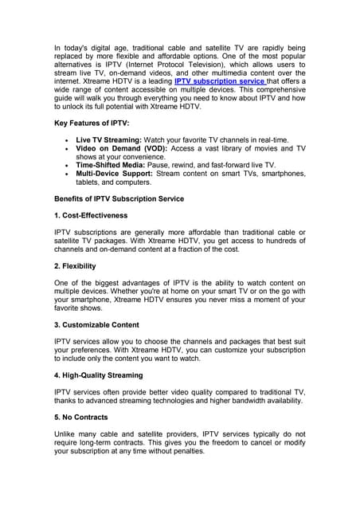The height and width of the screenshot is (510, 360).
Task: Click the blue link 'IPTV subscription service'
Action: (x=220, y=81)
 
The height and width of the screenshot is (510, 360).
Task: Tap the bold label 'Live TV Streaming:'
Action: (x=108, y=139)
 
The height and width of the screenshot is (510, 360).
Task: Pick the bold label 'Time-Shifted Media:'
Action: (x=110, y=164)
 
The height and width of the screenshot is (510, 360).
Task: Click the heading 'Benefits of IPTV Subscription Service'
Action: (x=119, y=198)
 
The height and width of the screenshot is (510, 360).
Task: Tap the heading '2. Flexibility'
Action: (x=75, y=265)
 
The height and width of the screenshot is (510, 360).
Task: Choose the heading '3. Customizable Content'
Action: (x=96, y=325)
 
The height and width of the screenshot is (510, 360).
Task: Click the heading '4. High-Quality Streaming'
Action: (x=99, y=375)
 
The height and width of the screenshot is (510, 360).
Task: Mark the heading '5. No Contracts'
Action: (x=81, y=416)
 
